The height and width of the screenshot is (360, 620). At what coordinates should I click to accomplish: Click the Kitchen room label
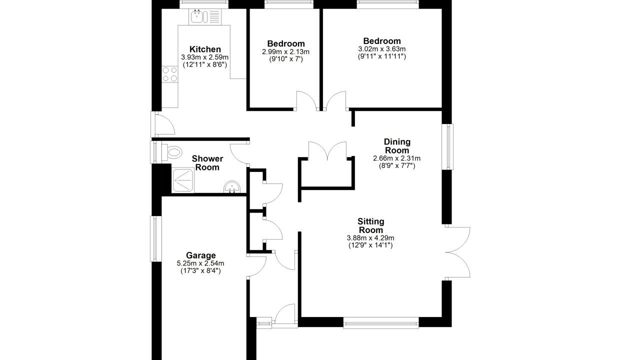[x=205, y=49]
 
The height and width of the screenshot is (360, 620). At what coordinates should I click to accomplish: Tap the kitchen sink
[x=205, y=16]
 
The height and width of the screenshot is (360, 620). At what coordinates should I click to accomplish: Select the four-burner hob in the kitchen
[x=169, y=74]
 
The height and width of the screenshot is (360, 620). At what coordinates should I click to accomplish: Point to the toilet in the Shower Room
[x=171, y=152]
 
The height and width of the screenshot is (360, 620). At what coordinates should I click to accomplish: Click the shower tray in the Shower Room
[x=182, y=180]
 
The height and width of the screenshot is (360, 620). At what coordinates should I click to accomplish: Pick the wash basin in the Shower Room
[x=231, y=187]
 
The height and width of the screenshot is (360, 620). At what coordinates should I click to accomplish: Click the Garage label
[x=200, y=255]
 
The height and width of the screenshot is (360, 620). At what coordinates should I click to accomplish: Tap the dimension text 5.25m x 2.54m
[x=200, y=263]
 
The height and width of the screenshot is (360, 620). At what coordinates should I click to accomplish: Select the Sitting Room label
[x=371, y=225]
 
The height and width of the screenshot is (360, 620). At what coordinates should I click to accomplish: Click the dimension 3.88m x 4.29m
[x=370, y=237]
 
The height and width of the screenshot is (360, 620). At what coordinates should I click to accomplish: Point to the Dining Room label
[x=397, y=146]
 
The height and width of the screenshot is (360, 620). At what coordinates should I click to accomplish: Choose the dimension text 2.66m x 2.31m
[x=397, y=158]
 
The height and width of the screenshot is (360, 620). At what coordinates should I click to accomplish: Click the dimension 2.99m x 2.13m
[x=286, y=51]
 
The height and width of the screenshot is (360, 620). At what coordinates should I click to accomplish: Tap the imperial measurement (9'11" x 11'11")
[x=382, y=56]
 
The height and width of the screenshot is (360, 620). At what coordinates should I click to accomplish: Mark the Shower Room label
[x=207, y=162]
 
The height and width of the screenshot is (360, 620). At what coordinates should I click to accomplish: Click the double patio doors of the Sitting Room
[x=457, y=252]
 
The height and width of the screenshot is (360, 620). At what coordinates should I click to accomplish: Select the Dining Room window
[x=447, y=146]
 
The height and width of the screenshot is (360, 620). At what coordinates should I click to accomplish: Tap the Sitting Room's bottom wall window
[x=381, y=322]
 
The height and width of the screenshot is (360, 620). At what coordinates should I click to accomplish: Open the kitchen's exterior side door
[x=162, y=124]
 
